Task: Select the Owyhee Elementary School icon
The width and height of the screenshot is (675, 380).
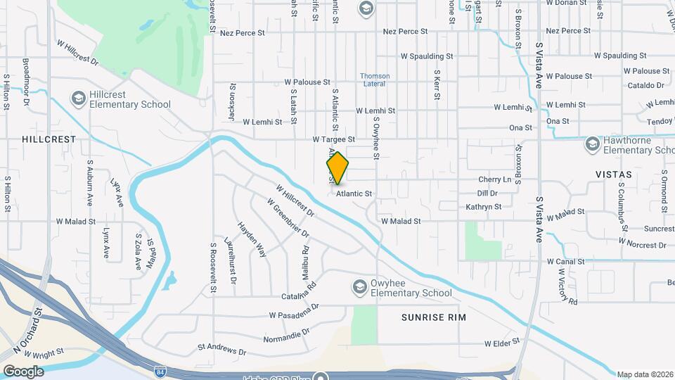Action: [x=360, y=286]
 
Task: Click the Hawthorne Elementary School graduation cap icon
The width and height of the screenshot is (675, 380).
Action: [x=592, y=144]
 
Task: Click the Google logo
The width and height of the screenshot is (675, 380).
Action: [x=23, y=371]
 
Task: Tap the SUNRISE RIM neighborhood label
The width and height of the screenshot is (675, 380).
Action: [x=433, y=317]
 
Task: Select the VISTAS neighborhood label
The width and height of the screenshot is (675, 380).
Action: [x=612, y=173]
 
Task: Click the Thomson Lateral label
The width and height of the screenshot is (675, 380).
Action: [x=374, y=80]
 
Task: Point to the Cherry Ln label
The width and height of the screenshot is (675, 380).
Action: [x=495, y=179]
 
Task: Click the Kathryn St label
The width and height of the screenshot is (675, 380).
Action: [x=484, y=207]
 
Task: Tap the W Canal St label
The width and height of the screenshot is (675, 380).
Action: [x=565, y=262]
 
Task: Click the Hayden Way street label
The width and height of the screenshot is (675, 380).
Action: [x=251, y=239]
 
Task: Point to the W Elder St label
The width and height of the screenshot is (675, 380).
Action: [x=502, y=343]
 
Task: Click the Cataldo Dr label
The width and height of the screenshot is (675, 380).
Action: [x=645, y=85]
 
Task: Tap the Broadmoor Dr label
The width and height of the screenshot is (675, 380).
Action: [x=25, y=82]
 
